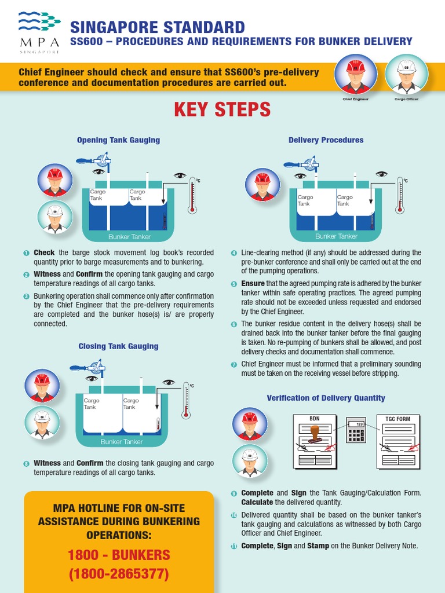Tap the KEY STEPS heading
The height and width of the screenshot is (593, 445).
point(222,109)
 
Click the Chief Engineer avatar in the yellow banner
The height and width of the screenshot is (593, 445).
point(355,75)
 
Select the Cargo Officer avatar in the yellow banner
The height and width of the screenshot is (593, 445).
point(407,75)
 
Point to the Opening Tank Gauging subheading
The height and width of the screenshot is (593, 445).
point(118,140)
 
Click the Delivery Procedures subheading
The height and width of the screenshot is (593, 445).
point(326,140)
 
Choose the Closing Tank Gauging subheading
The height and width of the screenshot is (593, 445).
point(118,346)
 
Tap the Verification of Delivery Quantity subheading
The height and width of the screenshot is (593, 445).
point(326,398)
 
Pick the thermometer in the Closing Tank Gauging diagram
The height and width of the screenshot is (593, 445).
point(186,401)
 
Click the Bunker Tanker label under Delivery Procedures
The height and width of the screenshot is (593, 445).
point(337,236)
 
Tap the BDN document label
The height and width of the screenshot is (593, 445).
point(315,418)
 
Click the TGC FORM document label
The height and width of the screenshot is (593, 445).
point(397,418)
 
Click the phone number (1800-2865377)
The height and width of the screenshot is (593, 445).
point(119,574)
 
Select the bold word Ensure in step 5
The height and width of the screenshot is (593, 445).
point(253,284)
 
